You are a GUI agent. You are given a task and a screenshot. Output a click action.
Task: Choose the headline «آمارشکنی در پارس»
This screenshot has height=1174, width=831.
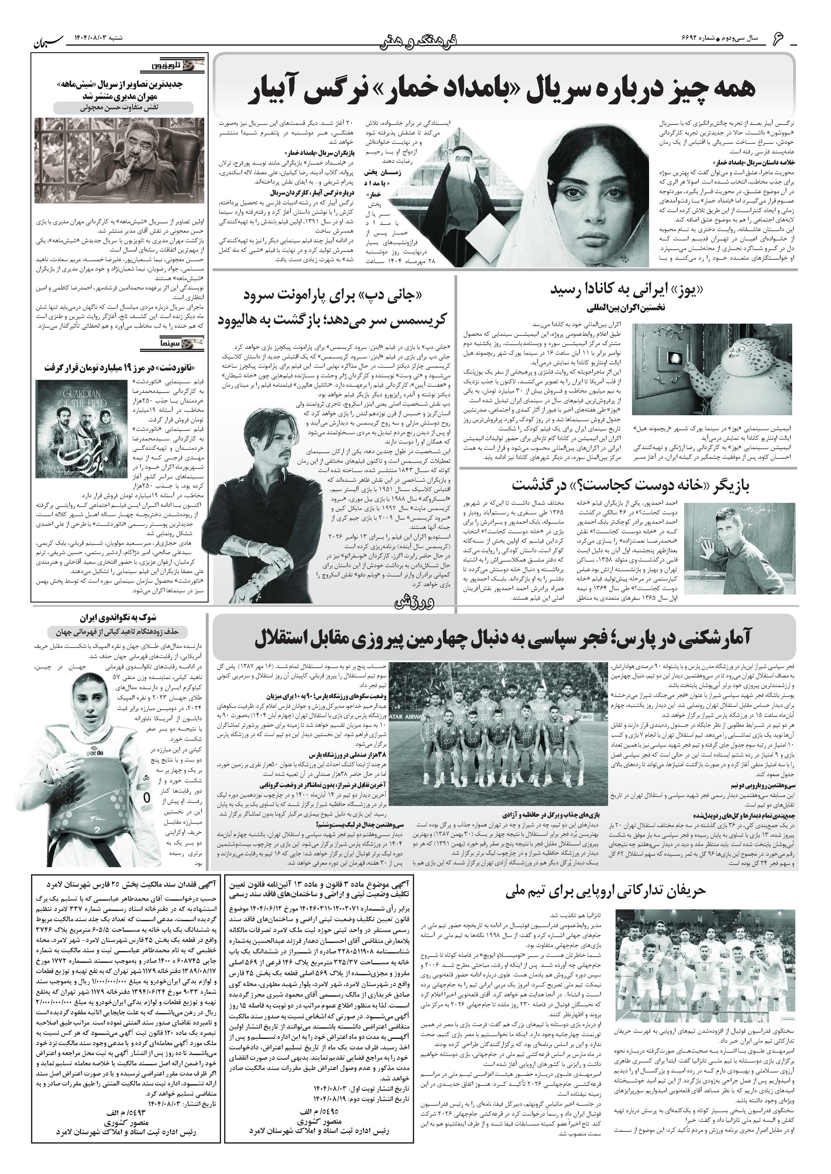[x=504, y=639]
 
